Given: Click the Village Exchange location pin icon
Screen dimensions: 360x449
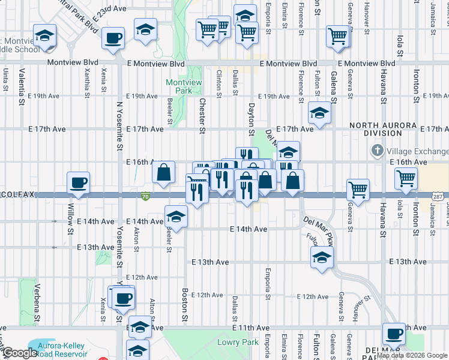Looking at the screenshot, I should (x=378, y=149).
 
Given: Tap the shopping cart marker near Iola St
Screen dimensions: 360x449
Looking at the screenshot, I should (x=406, y=178).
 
